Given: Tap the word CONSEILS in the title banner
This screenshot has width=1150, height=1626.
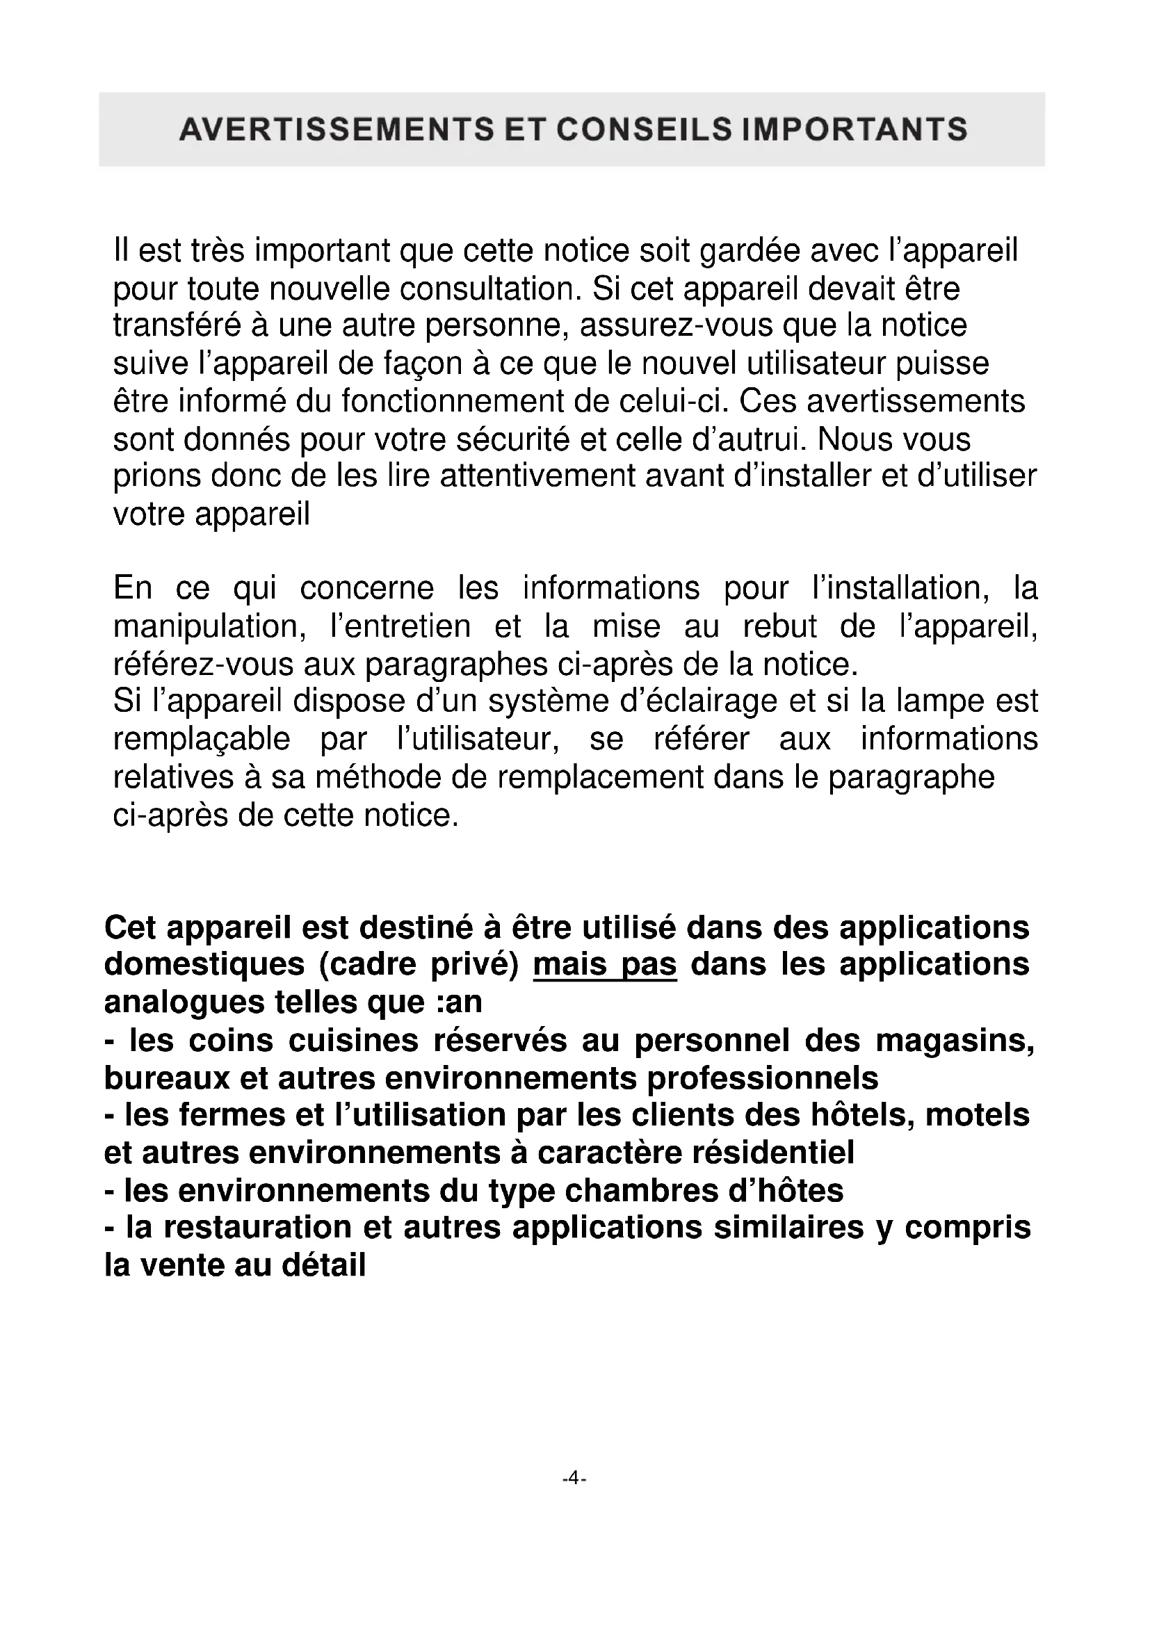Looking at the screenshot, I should pos(643,129).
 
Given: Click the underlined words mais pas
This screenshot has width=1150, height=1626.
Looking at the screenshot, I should pos(605,965).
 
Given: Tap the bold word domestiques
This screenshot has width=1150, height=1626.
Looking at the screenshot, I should pos(205,965).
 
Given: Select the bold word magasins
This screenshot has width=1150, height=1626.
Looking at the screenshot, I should pos(955,1041).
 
